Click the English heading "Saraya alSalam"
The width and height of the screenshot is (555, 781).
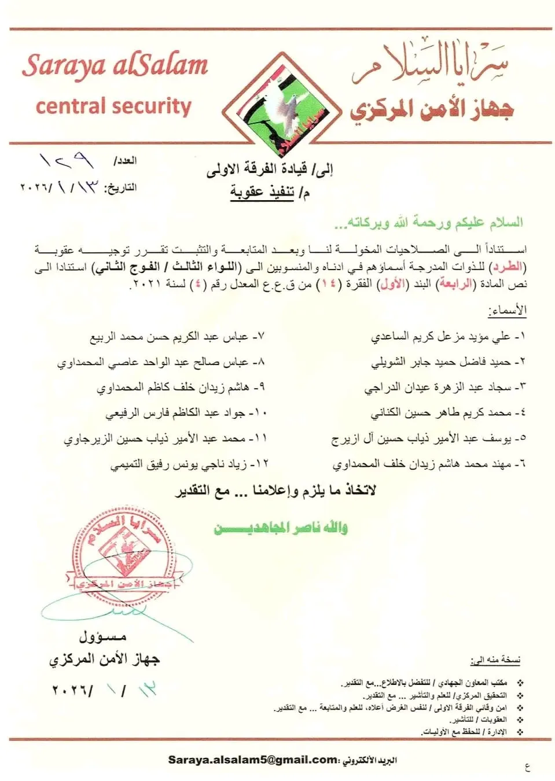[115, 65]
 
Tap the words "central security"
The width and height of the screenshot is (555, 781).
[113, 106]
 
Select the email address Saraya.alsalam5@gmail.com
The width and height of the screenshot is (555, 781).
[253, 760]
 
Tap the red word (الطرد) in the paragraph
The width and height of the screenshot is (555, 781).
[508, 267]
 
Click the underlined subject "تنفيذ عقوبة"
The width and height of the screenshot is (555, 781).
[263, 191]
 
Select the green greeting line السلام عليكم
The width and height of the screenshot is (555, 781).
[428, 223]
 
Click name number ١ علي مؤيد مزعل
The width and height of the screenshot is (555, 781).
[449, 336]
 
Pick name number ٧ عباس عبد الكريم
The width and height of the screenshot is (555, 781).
[177, 336]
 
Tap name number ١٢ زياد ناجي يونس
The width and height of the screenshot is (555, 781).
[189, 464]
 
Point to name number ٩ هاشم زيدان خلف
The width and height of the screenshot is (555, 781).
[181, 388]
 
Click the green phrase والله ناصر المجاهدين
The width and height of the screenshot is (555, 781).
[281, 528]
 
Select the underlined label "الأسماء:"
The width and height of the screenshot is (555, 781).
[507, 310]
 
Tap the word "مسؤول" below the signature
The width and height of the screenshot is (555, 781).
[102, 637]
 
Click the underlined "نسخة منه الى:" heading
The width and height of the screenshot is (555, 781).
[495, 660]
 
